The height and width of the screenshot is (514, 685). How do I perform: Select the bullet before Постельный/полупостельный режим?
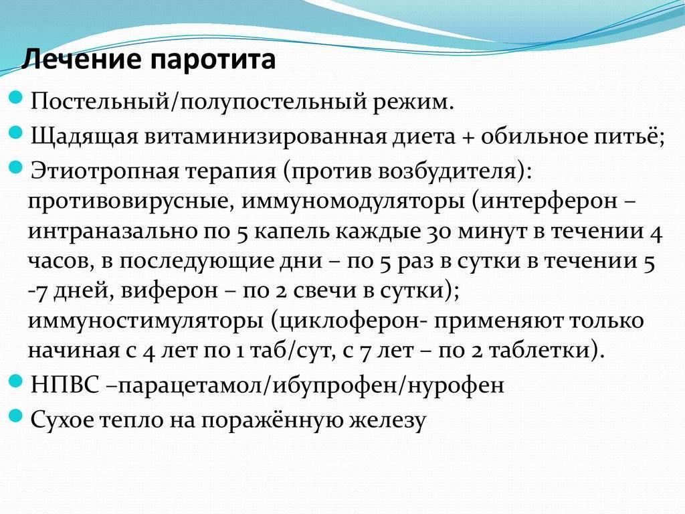tap(16, 98)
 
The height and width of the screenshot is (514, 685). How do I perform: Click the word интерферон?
tap(549, 201)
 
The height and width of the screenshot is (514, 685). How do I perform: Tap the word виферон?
tap(169, 290)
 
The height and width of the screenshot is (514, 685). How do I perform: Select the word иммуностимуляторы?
tap(146, 321)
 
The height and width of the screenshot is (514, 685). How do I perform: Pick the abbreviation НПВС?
tap(65, 385)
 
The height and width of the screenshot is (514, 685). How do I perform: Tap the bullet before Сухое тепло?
tap(16, 416)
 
